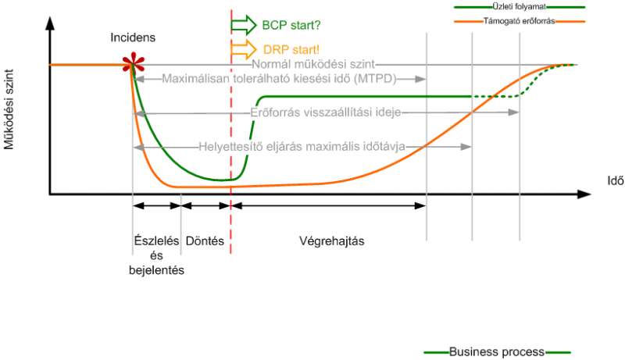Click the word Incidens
[x=132, y=37]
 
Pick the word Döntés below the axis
[x=205, y=241]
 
